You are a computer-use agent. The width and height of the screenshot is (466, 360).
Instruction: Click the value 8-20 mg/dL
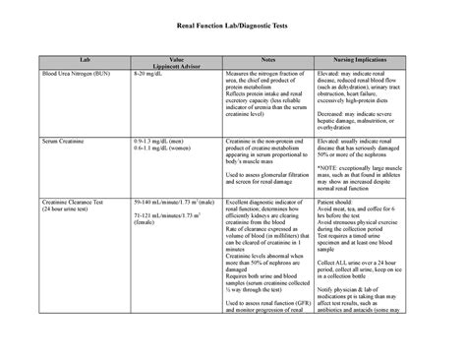(150, 73)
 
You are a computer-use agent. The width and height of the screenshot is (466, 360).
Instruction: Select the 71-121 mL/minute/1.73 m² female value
(168, 218)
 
